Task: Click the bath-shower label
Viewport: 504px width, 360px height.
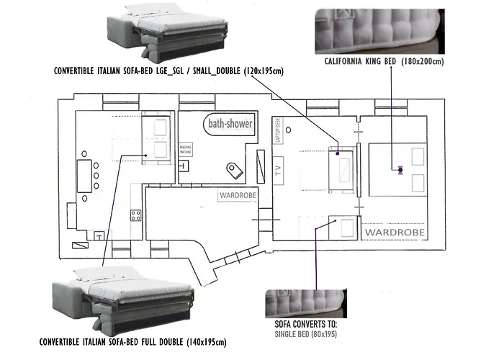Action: click(x=230, y=124)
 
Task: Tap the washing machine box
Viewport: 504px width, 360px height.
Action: click(x=186, y=150)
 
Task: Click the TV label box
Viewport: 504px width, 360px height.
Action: click(x=276, y=171)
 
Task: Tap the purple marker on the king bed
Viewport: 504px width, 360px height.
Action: click(x=400, y=170)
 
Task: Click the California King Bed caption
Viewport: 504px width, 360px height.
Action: click(x=384, y=62)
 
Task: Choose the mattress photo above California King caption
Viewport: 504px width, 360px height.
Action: click(x=379, y=30)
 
